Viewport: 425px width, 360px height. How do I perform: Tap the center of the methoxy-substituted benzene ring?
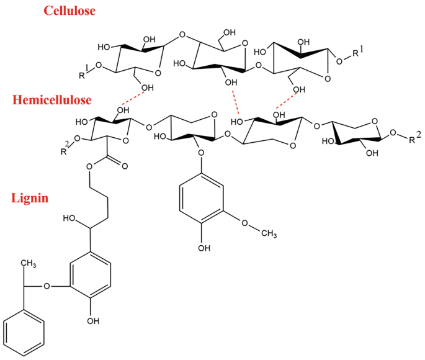pyautogui.click(x=197, y=205)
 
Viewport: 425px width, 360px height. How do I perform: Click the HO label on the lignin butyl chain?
pyautogui.click(x=70, y=218)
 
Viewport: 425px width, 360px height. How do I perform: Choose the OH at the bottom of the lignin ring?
pyautogui.click(x=93, y=320)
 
